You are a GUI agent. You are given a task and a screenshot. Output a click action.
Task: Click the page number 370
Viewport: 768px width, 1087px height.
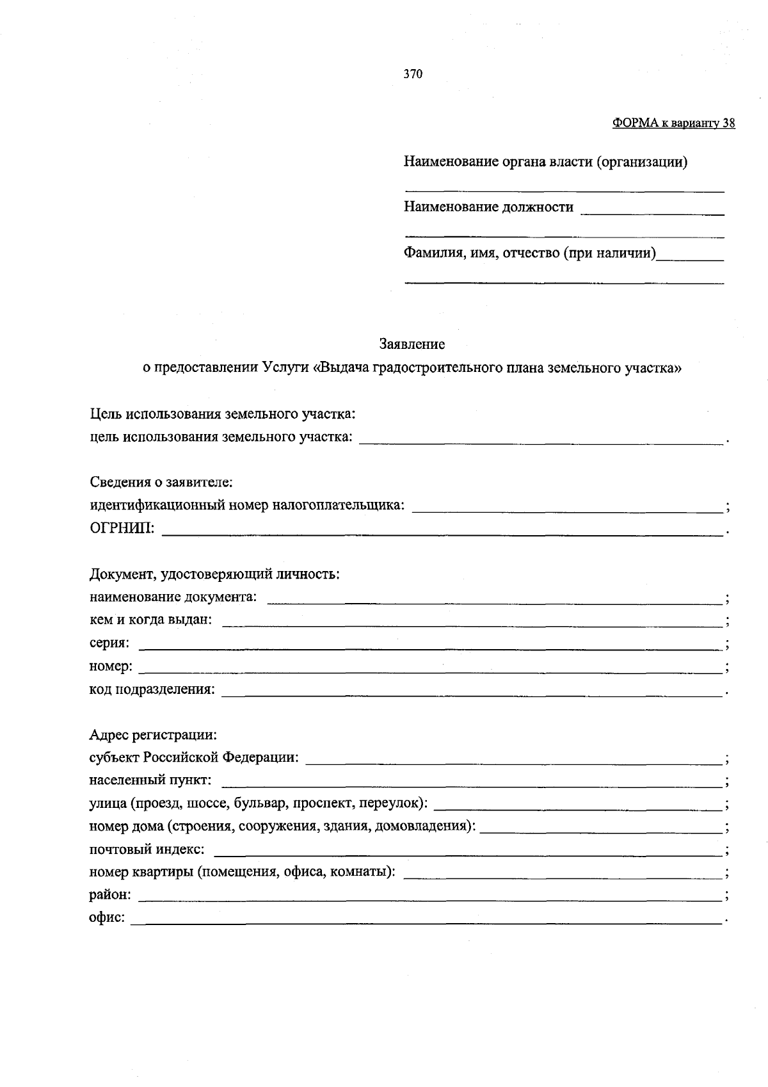coord(413,74)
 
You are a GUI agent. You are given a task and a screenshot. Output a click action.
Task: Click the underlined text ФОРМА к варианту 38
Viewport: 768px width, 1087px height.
coord(673,124)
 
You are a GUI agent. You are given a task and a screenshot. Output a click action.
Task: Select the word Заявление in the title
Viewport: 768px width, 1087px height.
coord(412,344)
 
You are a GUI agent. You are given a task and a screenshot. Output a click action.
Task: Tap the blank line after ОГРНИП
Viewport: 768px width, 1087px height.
coord(442,530)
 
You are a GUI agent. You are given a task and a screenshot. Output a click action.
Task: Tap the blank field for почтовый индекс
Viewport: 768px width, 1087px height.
coord(467,851)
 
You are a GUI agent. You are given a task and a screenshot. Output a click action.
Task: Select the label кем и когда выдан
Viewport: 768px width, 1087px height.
coord(150,620)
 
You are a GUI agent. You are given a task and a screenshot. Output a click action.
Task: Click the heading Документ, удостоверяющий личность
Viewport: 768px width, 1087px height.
coord(214,574)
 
